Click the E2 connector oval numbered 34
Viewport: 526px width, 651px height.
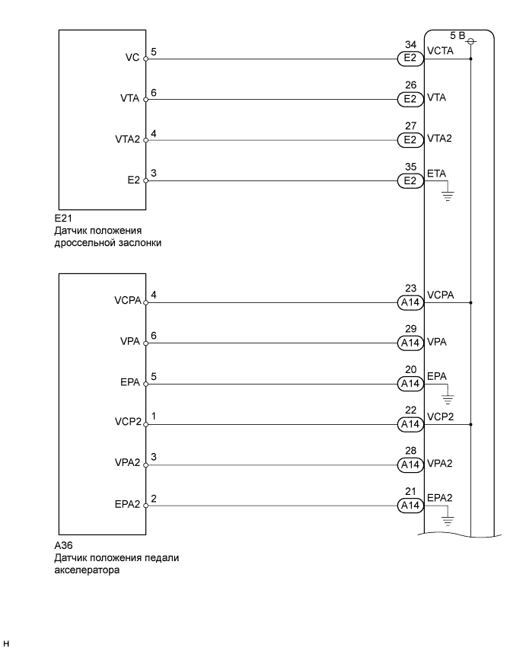click(x=410, y=58)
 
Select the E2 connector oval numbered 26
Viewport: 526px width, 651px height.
click(x=410, y=98)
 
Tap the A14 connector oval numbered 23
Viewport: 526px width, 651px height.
click(x=410, y=302)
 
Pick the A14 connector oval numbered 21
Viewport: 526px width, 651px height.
click(x=410, y=505)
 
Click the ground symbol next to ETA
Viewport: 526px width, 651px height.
click(x=447, y=195)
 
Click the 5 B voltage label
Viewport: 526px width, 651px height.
click(x=457, y=36)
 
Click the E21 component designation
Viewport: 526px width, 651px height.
click(x=63, y=219)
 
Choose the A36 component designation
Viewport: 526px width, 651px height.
click(x=63, y=547)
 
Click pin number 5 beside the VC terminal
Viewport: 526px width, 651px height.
click(x=154, y=52)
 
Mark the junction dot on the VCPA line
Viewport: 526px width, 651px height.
click(x=472, y=302)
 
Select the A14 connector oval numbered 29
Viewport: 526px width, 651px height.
click(x=410, y=343)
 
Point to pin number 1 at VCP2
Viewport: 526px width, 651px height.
click(x=154, y=417)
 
